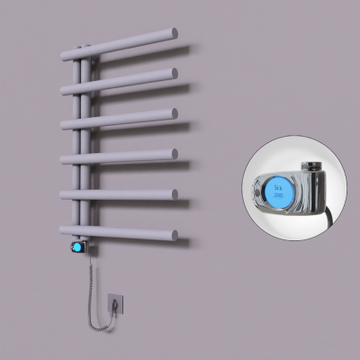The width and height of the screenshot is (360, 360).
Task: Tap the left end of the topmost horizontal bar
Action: (x=64, y=51)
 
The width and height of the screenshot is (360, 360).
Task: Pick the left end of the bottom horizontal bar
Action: (x=64, y=229)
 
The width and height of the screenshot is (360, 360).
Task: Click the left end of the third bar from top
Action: (x=64, y=123)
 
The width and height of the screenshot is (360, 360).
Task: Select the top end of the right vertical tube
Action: (x=86, y=43)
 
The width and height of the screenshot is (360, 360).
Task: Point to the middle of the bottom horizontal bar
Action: (x=117, y=232)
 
